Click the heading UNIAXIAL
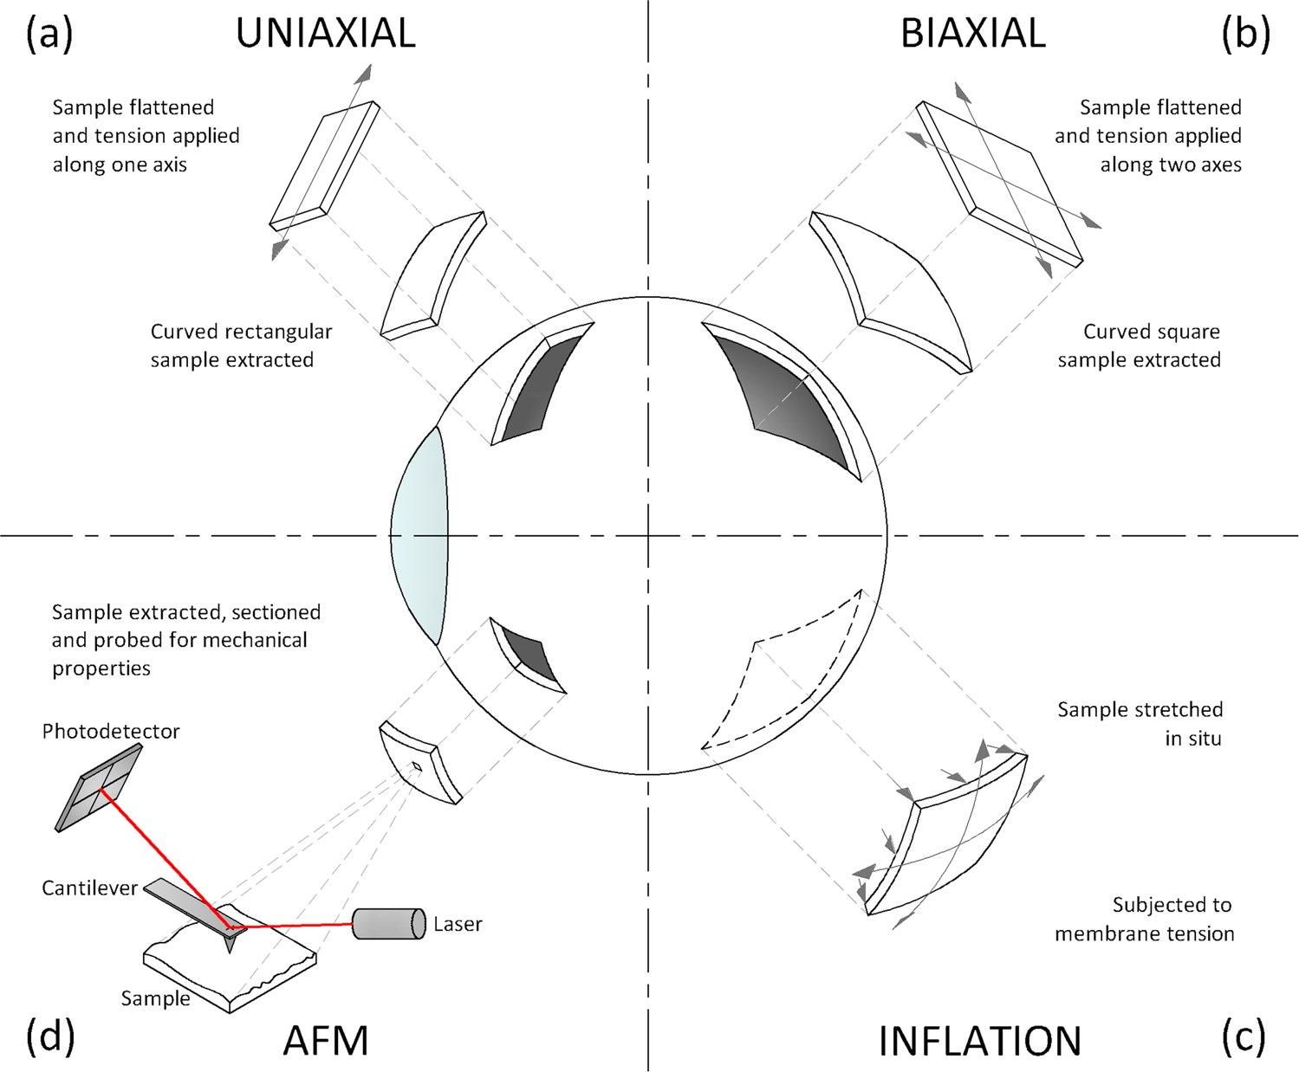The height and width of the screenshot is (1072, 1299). (325, 33)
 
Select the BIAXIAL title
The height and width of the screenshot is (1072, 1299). (972, 33)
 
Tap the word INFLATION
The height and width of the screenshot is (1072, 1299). (979, 1040)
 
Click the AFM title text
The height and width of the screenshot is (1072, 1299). (326, 1040)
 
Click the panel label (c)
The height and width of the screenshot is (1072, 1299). (1244, 1036)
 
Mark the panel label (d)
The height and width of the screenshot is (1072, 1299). (50, 1036)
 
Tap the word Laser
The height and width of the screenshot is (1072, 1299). (458, 924)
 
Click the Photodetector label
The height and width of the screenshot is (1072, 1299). (111, 731)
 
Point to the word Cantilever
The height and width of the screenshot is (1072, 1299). (89, 888)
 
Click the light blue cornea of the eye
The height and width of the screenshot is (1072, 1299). (420, 535)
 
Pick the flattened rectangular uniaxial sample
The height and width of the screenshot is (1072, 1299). (325, 164)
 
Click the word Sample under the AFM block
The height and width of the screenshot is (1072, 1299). (155, 998)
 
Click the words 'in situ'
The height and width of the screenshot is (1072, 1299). (1192, 739)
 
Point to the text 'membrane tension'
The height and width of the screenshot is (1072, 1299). (1144, 933)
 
